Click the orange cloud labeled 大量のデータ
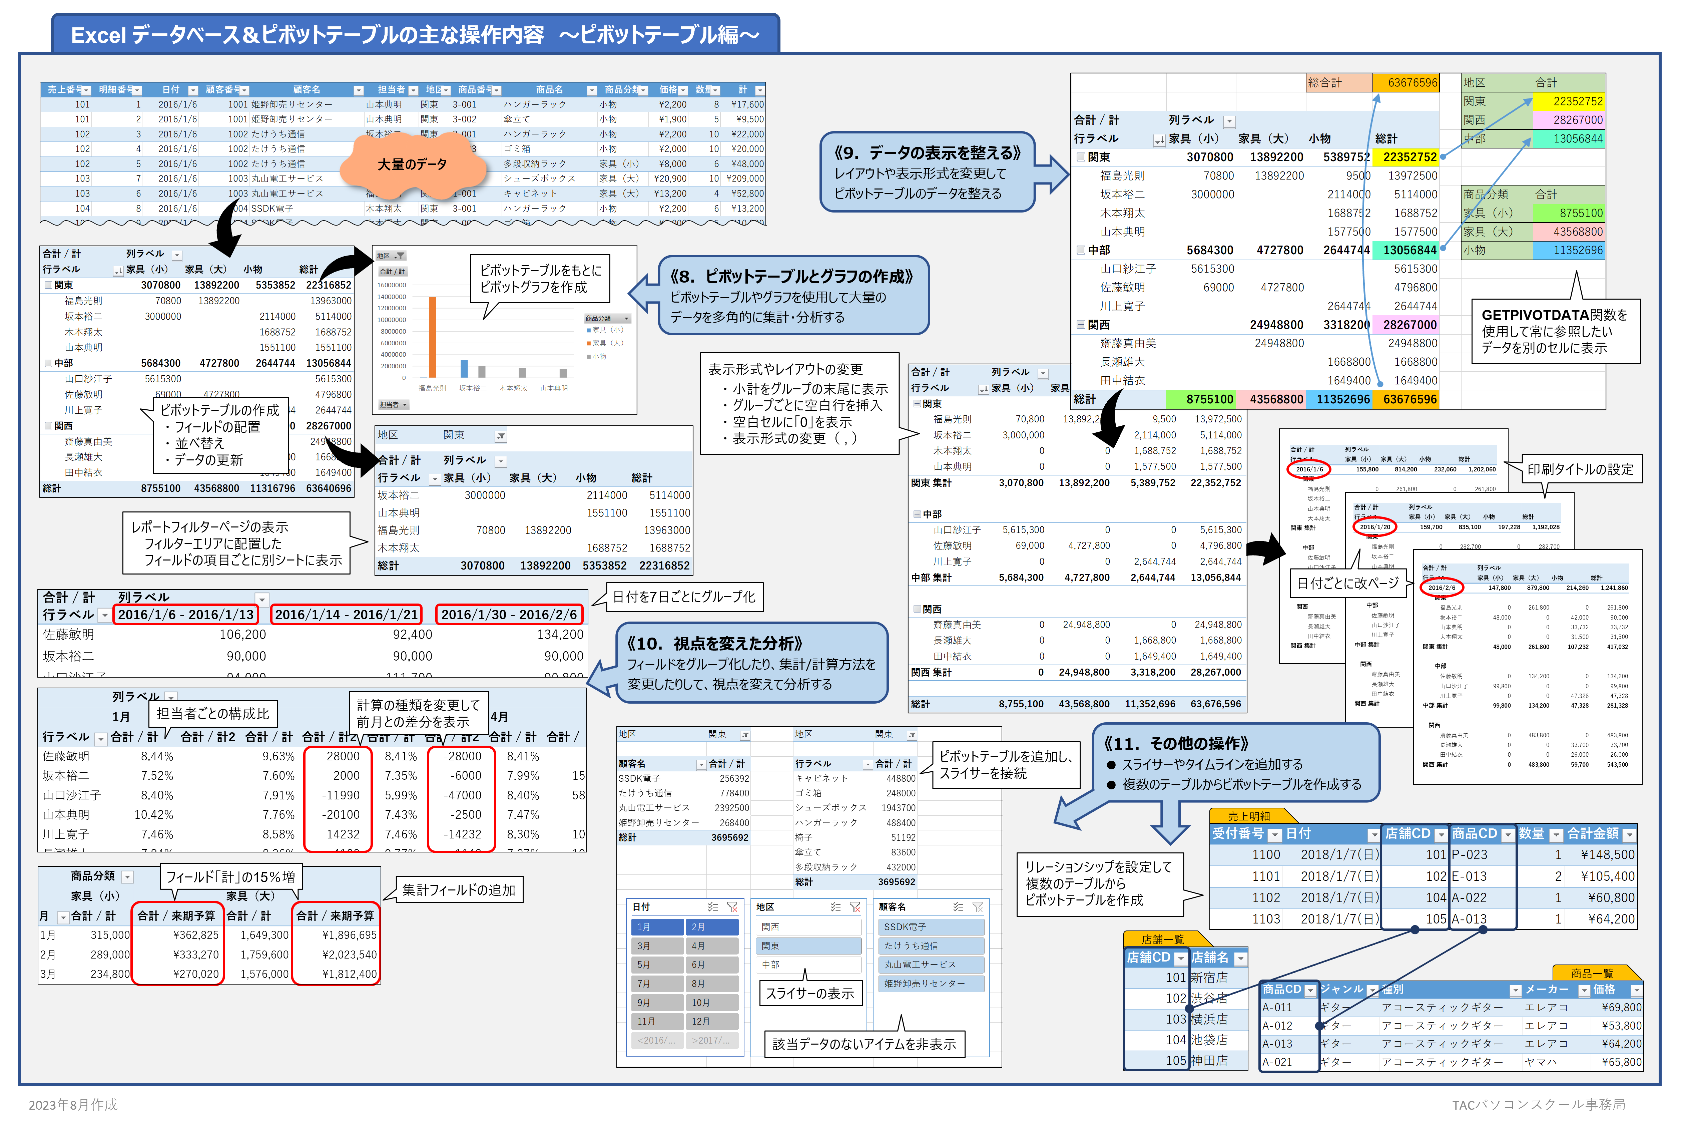tap(412, 165)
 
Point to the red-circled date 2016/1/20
tap(1374, 526)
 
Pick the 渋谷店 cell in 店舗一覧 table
tap(1210, 999)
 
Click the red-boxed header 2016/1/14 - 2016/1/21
tap(346, 614)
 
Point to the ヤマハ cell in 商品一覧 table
tap(1541, 1062)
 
